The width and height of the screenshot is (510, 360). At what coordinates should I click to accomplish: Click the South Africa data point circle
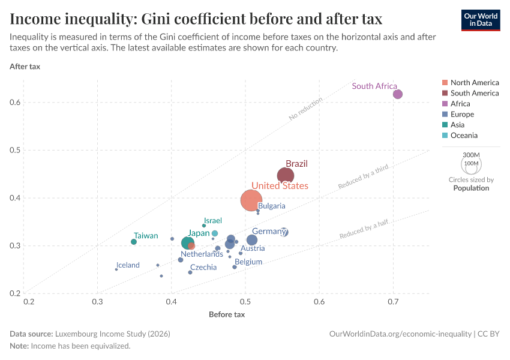tap(397, 94)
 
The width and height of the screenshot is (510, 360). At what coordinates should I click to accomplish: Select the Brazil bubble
tap(286, 176)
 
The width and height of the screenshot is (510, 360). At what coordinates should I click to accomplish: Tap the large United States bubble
tap(251, 200)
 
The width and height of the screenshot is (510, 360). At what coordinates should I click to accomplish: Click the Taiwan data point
tap(134, 242)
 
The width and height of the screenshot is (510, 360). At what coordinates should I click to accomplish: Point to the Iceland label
tap(128, 265)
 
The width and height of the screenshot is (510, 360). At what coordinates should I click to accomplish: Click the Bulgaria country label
tap(272, 206)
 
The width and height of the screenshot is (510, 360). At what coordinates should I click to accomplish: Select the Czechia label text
tap(203, 268)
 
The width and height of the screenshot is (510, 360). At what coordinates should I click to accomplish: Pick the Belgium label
tap(248, 262)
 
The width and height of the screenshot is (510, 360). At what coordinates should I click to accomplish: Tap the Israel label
tap(213, 221)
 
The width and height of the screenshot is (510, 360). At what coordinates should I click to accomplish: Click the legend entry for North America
tap(474, 83)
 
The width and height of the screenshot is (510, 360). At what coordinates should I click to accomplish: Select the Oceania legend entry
tap(464, 136)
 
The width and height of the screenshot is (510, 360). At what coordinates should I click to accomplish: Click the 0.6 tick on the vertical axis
tap(15, 103)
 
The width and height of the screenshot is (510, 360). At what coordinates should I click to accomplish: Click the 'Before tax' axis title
tap(227, 314)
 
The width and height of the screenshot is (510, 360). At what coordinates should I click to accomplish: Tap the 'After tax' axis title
tap(25, 66)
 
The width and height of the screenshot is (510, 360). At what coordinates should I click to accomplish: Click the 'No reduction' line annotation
tap(305, 109)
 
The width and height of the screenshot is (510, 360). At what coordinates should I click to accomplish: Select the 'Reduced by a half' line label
tap(364, 229)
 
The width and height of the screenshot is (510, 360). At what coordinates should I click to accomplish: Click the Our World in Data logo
tap(481, 20)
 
